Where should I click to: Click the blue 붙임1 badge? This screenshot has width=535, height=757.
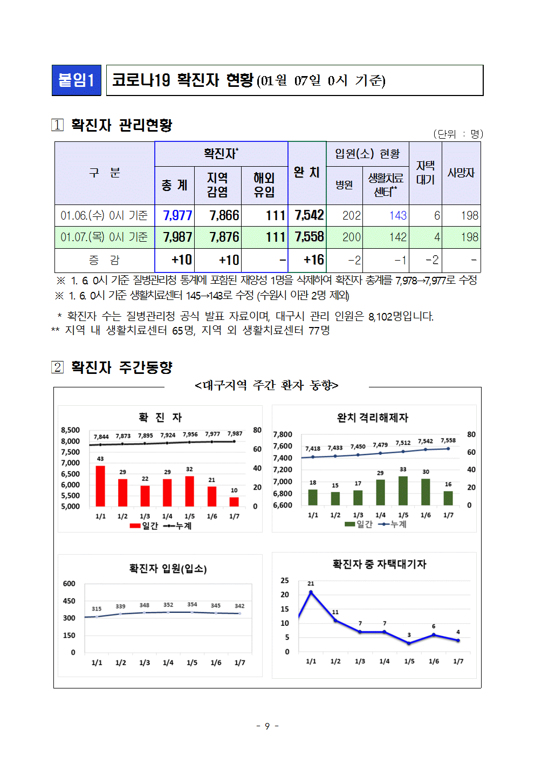(77, 80)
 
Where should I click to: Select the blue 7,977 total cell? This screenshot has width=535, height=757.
(177, 215)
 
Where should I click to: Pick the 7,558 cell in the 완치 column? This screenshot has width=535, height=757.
(309, 237)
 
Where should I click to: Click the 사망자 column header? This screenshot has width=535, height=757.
(461, 173)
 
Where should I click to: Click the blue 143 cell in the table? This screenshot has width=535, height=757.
(398, 216)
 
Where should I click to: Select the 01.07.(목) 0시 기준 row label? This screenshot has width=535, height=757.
(104, 237)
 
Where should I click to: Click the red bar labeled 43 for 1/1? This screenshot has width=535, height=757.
(100, 486)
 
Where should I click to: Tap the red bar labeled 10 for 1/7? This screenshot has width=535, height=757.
(234, 501)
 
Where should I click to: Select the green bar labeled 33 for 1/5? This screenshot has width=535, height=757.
(403, 490)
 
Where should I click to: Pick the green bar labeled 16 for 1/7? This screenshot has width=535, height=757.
(448, 498)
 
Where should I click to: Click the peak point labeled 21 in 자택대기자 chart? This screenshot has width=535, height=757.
(311, 592)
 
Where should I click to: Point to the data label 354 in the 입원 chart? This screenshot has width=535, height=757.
(192, 604)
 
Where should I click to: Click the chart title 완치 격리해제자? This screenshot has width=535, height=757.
(373, 418)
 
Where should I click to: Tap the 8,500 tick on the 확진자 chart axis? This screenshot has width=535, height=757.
(70, 430)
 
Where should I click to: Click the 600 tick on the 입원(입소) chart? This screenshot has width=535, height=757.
(69, 584)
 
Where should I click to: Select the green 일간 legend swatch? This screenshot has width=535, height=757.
(349, 524)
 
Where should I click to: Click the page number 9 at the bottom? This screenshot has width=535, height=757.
(267, 726)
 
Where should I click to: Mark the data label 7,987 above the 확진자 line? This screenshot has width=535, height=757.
(235, 434)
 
